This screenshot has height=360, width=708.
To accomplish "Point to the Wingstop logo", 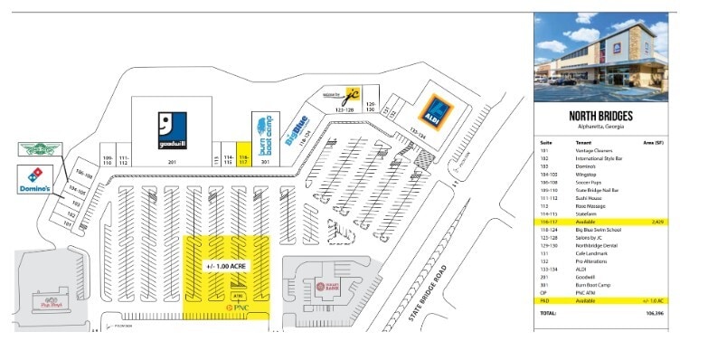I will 41,150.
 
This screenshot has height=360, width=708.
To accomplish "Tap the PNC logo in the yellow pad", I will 238,308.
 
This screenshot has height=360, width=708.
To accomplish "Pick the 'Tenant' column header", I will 584,143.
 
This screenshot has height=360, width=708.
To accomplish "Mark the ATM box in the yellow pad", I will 238,295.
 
